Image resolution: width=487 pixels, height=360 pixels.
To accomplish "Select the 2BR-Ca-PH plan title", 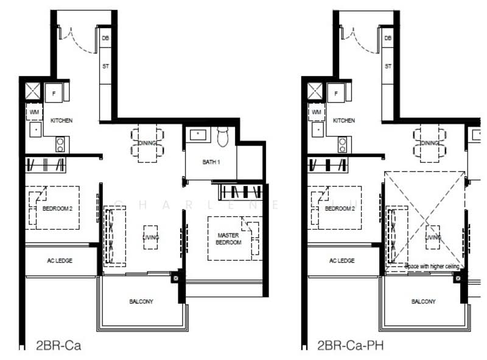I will (x=349, y=346).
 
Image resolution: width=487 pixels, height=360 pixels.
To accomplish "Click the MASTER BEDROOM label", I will (x=228, y=238).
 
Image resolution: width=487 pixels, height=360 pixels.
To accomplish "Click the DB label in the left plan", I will (x=105, y=38).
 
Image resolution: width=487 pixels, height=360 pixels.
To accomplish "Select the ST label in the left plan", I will (x=105, y=66).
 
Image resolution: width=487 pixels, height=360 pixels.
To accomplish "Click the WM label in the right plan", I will (x=315, y=112).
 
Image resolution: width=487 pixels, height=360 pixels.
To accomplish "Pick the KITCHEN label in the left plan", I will (x=61, y=121).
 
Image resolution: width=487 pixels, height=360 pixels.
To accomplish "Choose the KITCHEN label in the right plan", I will (x=344, y=121).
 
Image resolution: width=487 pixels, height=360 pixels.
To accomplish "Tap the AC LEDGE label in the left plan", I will (x=60, y=261).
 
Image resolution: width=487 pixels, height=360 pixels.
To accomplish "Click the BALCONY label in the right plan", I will (x=423, y=302).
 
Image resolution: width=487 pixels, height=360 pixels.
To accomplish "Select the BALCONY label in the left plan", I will (x=141, y=302).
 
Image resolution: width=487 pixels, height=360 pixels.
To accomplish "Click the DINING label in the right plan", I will (x=430, y=143).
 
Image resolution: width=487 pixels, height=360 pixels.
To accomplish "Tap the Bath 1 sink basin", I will (x=197, y=135).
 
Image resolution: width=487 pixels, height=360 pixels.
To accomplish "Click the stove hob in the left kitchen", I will (x=61, y=144).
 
